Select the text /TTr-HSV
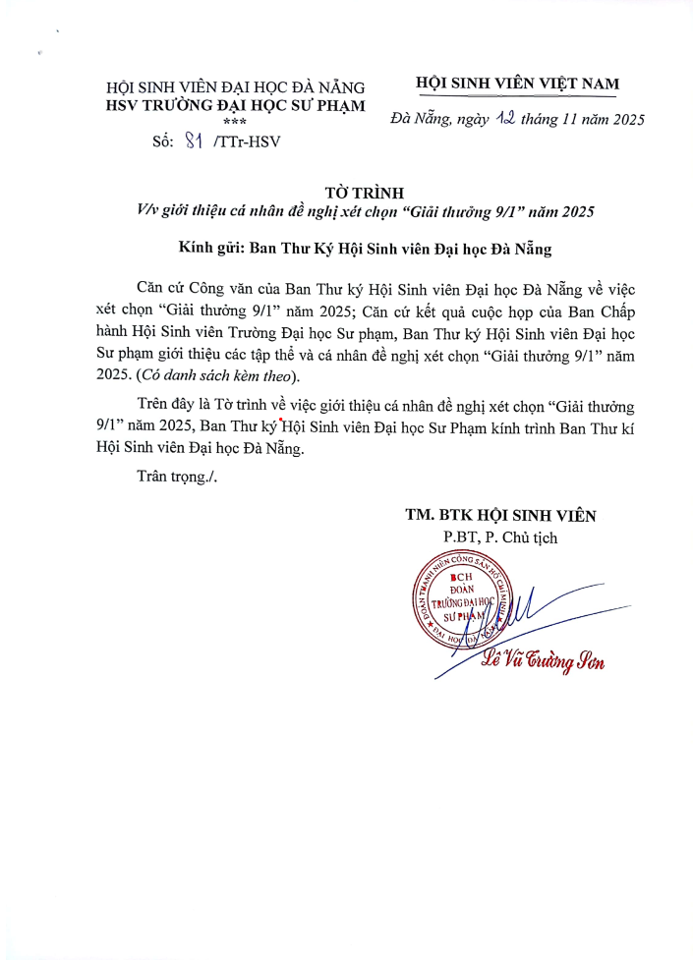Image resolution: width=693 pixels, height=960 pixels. point(240,141)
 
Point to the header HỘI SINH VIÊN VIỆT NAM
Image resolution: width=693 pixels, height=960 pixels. point(517,85)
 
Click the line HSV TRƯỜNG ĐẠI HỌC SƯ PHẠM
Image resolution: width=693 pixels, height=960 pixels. point(235,105)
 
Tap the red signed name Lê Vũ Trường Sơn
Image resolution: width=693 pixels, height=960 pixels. point(542,662)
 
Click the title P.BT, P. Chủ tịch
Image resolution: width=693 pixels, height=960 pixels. point(499,537)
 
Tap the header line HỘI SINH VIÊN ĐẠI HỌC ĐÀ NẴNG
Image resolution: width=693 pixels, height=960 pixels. point(235,87)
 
